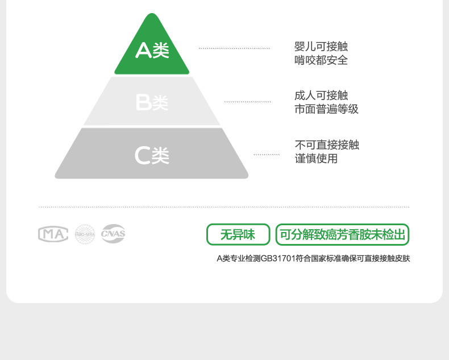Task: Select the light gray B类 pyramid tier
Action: (x=152, y=102)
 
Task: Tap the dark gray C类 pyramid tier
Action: (x=152, y=155)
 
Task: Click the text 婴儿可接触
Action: (x=321, y=47)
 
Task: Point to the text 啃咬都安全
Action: (x=321, y=60)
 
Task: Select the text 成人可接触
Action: (x=321, y=96)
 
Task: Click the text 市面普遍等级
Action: (x=327, y=109)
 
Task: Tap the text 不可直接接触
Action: (x=327, y=145)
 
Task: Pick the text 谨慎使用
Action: (x=316, y=159)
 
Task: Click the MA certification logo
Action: (x=53, y=234)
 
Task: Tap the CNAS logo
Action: (x=113, y=233)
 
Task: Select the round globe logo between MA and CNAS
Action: (x=85, y=234)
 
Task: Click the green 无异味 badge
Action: (x=238, y=234)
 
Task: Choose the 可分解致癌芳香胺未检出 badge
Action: (x=342, y=234)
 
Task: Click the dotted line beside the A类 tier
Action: (x=234, y=49)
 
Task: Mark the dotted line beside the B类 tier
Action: (x=247, y=102)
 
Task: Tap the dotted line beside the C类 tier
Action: (x=266, y=155)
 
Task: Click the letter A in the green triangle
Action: (x=143, y=51)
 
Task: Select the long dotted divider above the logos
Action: (x=224, y=207)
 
